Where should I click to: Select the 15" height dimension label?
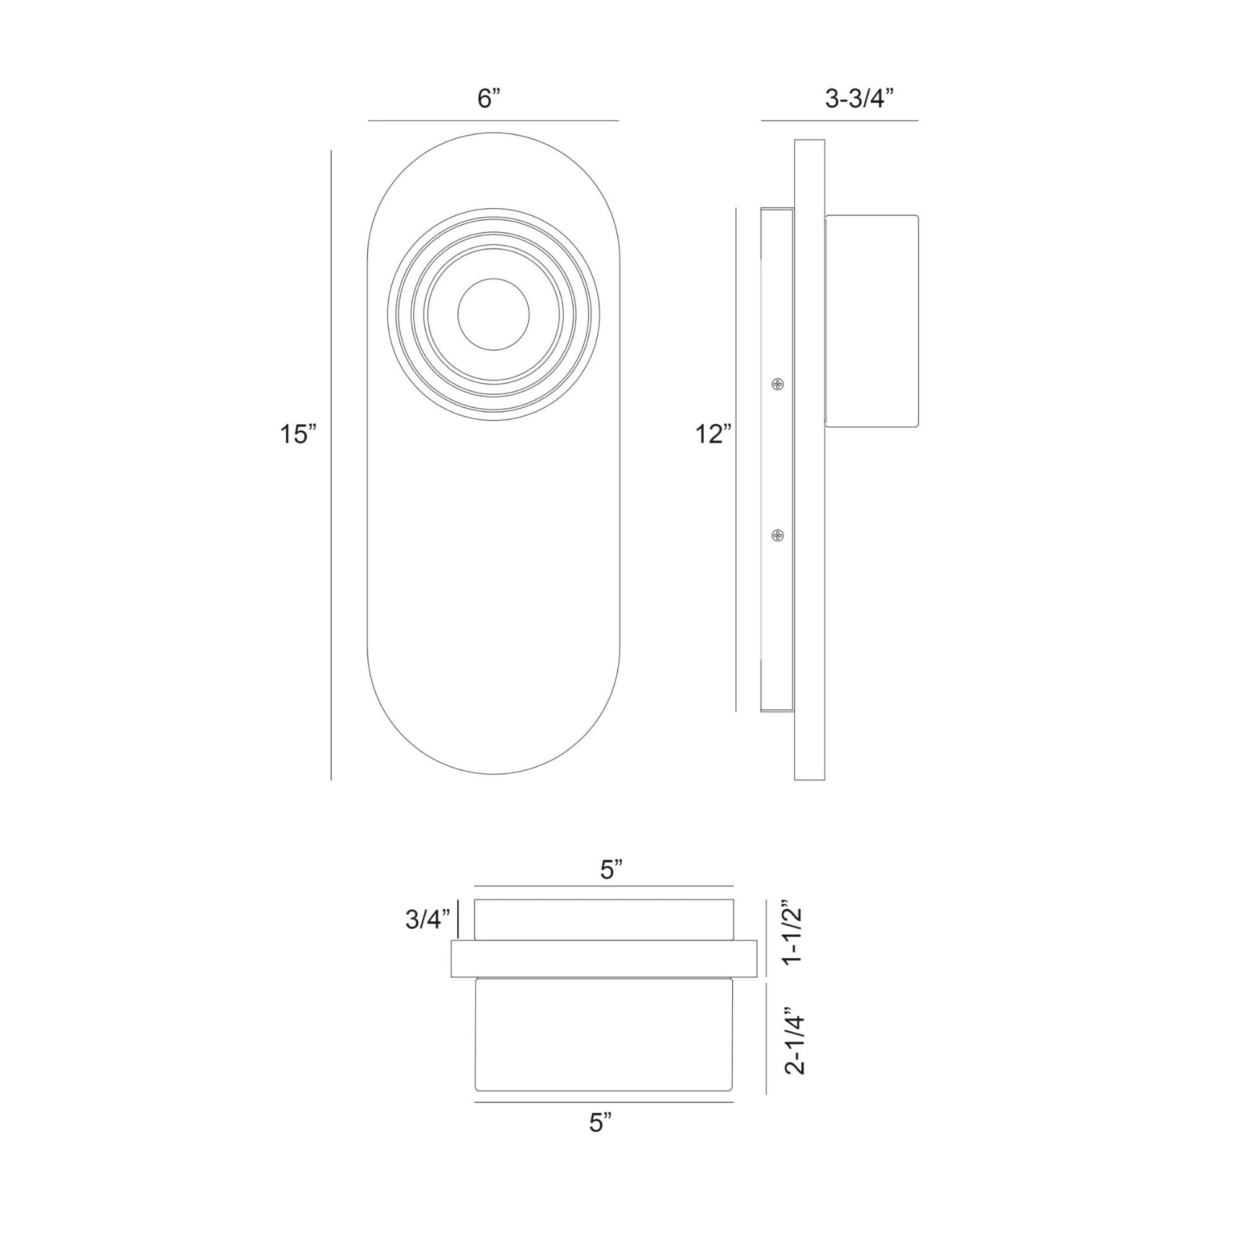tap(298, 434)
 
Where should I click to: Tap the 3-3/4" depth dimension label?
tap(859, 99)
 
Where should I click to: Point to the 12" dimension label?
tap(714, 434)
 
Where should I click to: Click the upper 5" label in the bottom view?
tap(612, 870)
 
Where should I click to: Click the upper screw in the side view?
tap(778, 384)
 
